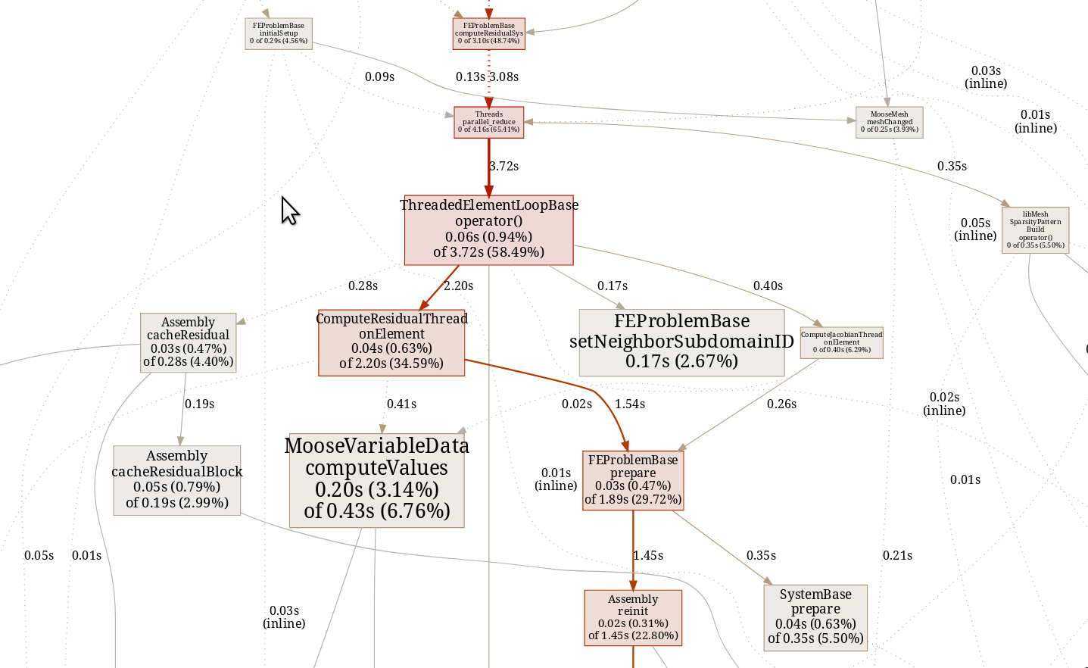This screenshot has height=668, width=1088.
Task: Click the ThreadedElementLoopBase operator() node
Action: [x=488, y=229]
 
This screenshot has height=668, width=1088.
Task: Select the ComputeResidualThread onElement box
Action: [x=391, y=342]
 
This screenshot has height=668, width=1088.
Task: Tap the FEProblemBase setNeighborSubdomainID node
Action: [x=681, y=342]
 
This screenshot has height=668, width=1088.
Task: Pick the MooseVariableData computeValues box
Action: [x=376, y=479]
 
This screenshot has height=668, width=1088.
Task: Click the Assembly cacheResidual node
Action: [x=188, y=342]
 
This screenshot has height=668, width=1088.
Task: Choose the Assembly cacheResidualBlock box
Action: [x=176, y=479]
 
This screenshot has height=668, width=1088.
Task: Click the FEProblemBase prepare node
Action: [x=633, y=480]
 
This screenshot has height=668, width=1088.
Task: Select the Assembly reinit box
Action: [x=633, y=617]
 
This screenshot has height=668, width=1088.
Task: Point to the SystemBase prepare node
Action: [x=815, y=616]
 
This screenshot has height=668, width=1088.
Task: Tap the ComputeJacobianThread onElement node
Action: [x=841, y=342]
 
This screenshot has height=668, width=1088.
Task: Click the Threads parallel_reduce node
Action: [x=488, y=122]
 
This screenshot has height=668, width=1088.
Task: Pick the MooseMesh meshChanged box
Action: [x=889, y=122]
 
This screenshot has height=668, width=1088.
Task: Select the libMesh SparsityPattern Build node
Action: [x=1035, y=229]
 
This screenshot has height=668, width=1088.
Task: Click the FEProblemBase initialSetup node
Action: [x=279, y=33]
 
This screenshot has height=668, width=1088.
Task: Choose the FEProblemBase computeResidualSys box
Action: [x=488, y=33]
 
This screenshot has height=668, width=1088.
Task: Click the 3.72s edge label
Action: [x=504, y=167]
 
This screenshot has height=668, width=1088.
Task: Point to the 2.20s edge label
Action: [x=459, y=286]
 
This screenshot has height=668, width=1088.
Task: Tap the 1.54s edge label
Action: [x=630, y=404]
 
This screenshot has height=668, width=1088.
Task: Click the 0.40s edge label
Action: [x=768, y=286]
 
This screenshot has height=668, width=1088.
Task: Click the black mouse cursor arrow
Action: [x=288, y=210]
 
